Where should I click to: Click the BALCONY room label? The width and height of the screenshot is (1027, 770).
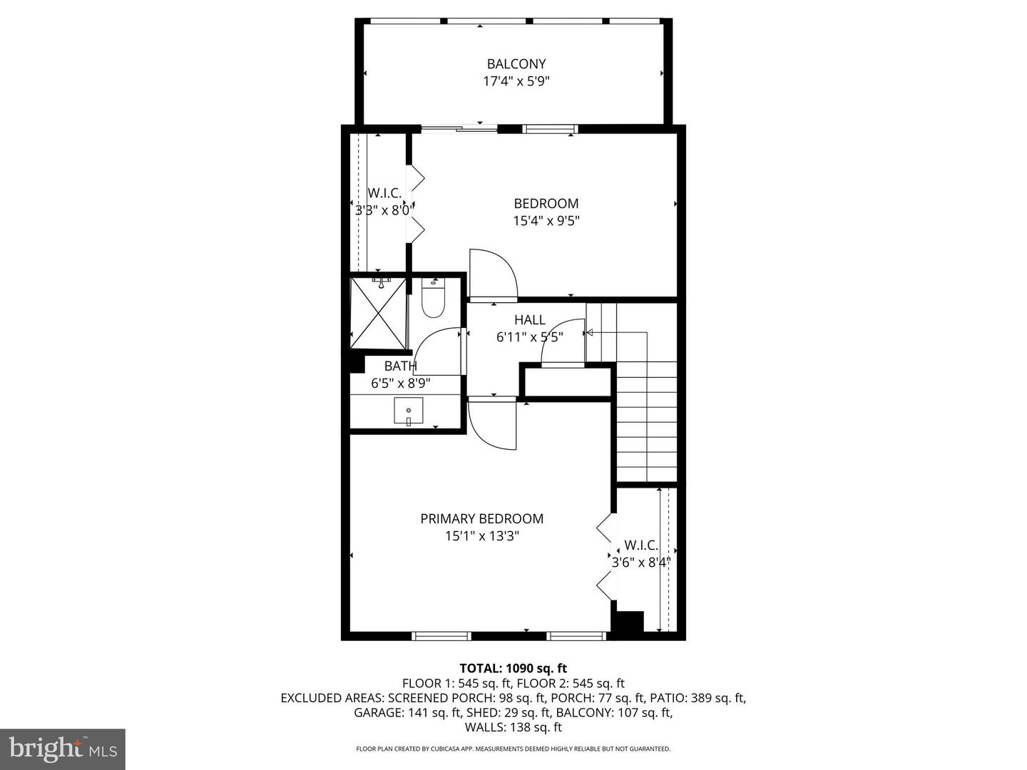click(x=516, y=63)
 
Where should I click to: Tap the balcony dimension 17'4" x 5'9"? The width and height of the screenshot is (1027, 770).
click(x=516, y=81)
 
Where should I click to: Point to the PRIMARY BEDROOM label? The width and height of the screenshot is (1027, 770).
click(x=482, y=518)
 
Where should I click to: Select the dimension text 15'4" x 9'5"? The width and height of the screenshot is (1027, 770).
click(x=546, y=221)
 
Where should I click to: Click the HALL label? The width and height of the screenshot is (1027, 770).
click(x=530, y=320)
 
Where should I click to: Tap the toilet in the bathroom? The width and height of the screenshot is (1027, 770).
click(x=433, y=297)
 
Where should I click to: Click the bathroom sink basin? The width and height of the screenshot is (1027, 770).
click(x=409, y=411)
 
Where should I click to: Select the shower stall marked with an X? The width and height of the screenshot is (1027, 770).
click(x=379, y=313)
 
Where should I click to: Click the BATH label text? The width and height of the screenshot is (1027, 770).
click(x=401, y=366)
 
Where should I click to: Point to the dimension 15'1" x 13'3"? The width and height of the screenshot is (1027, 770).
click(x=482, y=535)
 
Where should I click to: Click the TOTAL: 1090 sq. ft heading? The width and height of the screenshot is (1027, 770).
click(x=513, y=668)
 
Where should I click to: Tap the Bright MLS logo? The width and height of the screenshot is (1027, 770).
click(x=62, y=749)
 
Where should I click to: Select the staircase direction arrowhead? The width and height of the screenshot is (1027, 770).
click(x=590, y=332)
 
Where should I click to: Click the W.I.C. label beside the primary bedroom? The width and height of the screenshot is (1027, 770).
click(x=641, y=545)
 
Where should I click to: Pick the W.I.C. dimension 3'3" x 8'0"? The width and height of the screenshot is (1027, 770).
click(x=384, y=210)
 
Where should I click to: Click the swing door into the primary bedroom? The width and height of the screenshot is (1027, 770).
click(x=492, y=423)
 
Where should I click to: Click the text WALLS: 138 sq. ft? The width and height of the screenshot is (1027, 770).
click(x=513, y=727)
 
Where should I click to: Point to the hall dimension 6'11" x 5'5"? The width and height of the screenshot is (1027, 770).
click(x=530, y=337)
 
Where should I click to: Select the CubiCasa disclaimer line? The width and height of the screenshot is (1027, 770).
click(x=513, y=749)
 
